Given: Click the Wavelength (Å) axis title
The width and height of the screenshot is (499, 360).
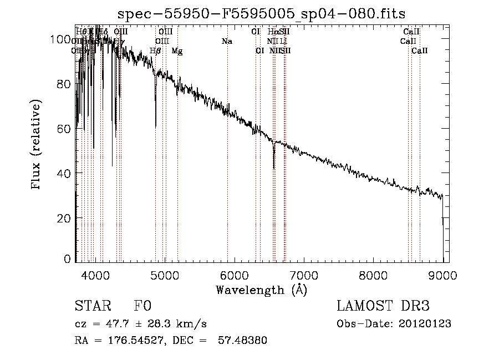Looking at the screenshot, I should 262,290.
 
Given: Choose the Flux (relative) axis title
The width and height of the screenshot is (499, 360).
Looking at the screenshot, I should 37,145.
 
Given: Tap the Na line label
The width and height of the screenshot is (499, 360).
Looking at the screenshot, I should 227,41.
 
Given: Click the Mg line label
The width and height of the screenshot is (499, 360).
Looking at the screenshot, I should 177,51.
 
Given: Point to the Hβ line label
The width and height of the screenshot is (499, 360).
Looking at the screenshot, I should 155,51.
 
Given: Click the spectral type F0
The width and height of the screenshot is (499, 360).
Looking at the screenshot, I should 142,306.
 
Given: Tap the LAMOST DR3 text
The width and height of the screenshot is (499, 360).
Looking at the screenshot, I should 383,306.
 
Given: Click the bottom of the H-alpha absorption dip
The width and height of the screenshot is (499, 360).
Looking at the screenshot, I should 274,168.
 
